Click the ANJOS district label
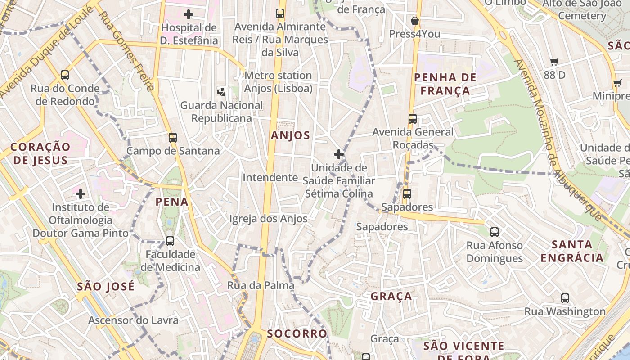[x=291, y=135]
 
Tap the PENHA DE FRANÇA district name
[x=445, y=84]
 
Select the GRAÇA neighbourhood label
[x=391, y=296]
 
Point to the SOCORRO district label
[x=297, y=333]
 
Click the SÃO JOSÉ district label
[x=106, y=286]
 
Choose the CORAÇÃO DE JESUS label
[x=40, y=153]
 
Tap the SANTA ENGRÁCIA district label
[x=572, y=251]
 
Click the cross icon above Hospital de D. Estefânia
[x=189, y=14]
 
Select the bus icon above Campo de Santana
[x=173, y=138]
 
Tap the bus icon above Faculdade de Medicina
[x=170, y=241]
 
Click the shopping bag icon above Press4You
[x=415, y=21]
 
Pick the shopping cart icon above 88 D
[x=554, y=62]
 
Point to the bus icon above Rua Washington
[x=565, y=298]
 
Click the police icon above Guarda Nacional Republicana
[x=221, y=92]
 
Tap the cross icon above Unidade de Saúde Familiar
[x=339, y=154]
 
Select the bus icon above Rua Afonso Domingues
[x=495, y=232]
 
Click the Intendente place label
[x=270, y=178]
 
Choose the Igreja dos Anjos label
[x=268, y=219]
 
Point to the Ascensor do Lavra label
[x=133, y=320]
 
